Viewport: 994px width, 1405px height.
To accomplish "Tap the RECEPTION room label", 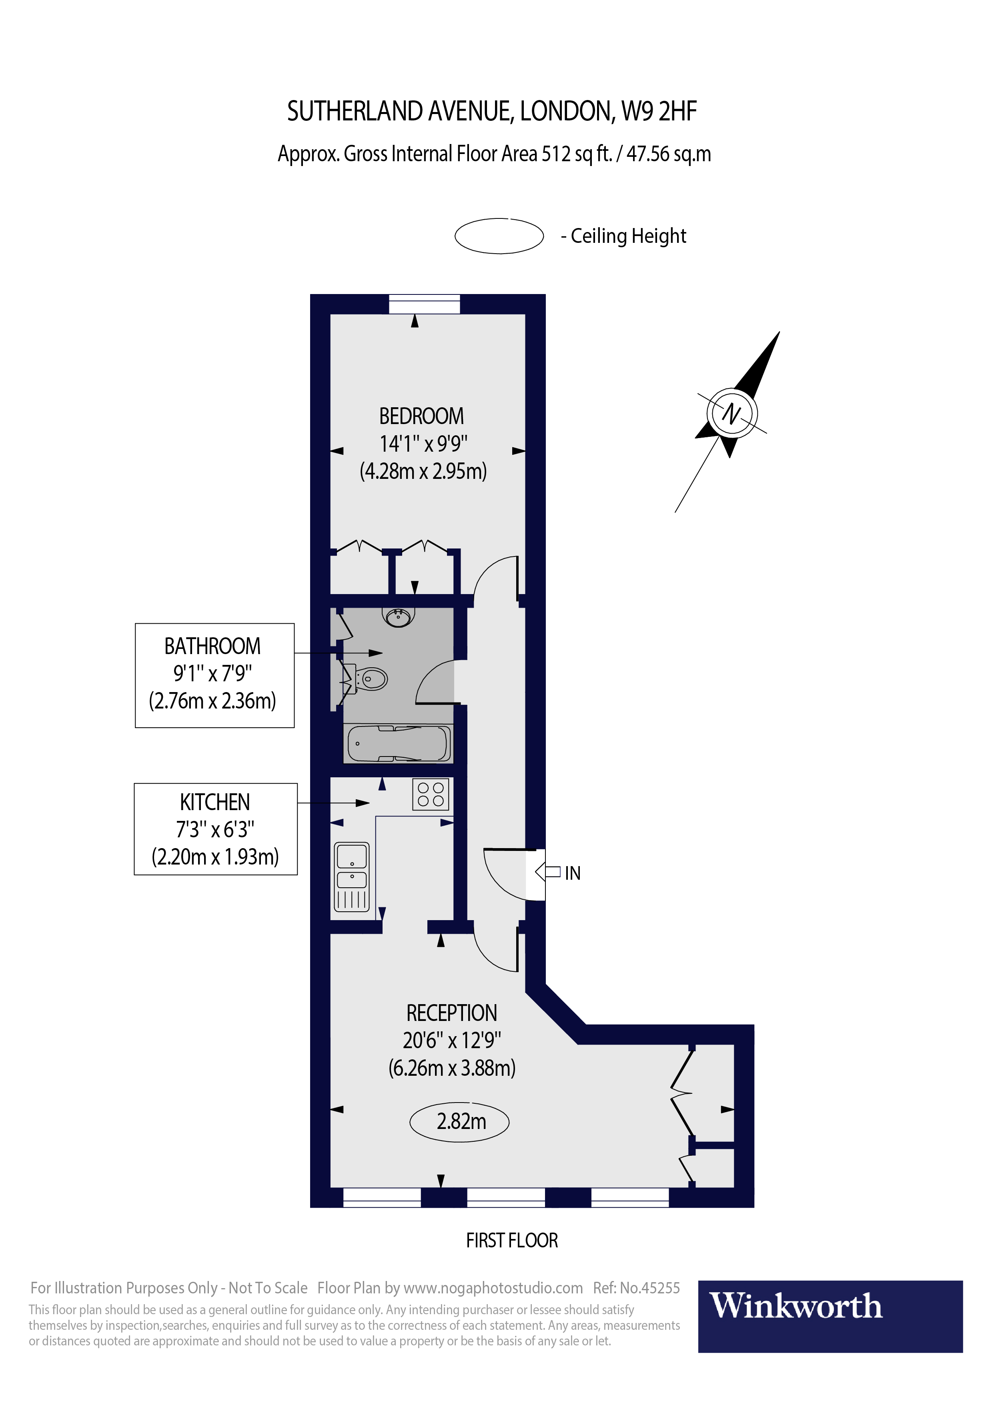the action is click(452, 1013).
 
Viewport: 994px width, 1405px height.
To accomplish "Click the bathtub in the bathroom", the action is click(399, 743).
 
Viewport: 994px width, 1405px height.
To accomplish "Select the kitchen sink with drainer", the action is click(352, 877).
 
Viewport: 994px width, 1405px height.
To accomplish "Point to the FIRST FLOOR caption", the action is click(512, 1241).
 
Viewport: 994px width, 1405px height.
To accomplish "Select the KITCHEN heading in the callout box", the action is click(215, 802).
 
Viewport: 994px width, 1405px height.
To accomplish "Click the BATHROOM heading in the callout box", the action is click(212, 646).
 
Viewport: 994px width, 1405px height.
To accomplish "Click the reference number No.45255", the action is click(650, 1288).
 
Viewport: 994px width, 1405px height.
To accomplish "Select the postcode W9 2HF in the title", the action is click(659, 111).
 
